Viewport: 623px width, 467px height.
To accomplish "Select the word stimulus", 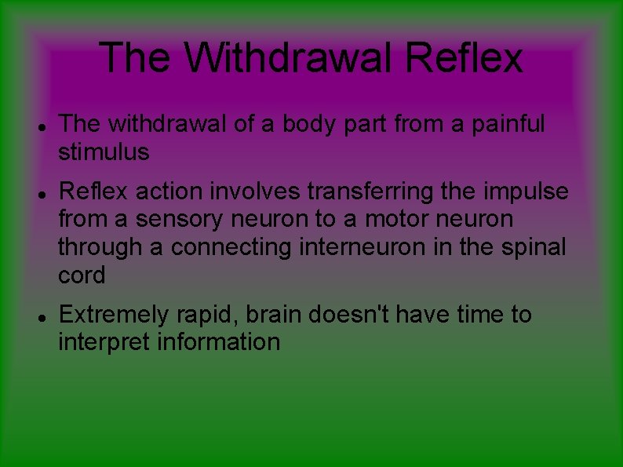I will click(104, 152).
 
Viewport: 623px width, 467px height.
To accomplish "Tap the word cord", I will click(82, 275).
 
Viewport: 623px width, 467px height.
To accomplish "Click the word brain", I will click(275, 315).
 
